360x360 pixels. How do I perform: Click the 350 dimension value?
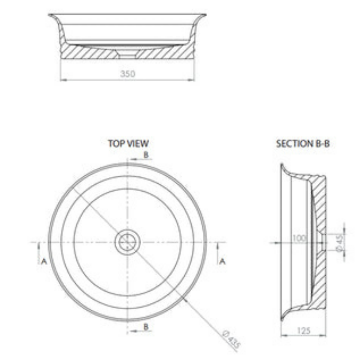[128, 74]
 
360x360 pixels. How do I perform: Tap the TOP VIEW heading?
[128, 143]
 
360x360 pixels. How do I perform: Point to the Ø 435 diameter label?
[231, 340]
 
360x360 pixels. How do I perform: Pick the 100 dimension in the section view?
[299, 239]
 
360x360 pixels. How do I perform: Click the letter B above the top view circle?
[146, 154]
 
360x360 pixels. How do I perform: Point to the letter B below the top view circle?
[146, 327]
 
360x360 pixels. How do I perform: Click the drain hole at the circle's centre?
[128, 242]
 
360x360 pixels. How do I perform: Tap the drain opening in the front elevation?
[128, 54]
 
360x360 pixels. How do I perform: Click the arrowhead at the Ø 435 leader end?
[185, 299]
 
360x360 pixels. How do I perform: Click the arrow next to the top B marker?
[133, 159]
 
